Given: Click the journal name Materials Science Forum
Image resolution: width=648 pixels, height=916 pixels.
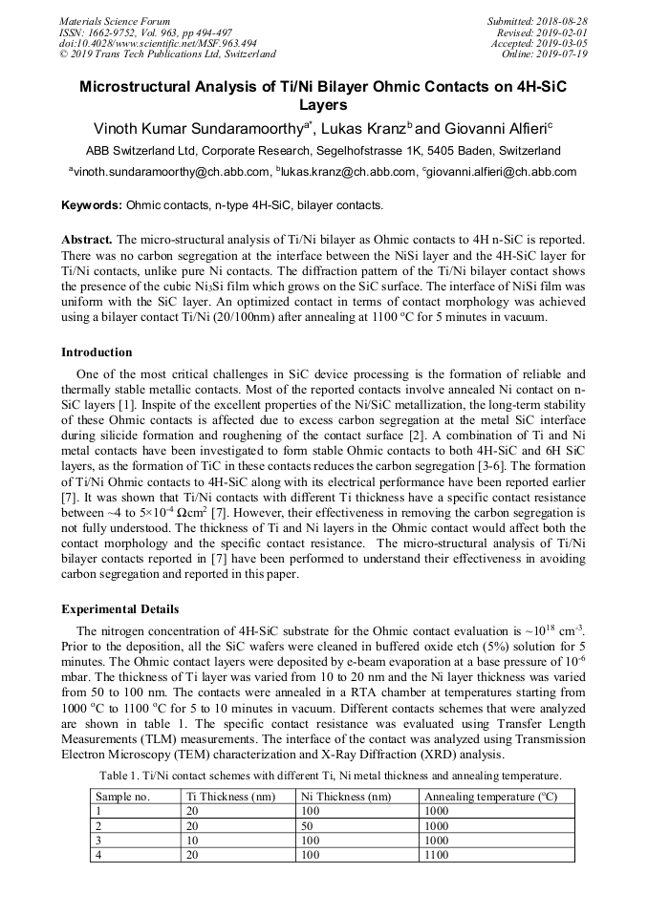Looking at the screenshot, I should [115, 21].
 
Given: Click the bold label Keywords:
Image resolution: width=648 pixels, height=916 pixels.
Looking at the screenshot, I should [92, 205].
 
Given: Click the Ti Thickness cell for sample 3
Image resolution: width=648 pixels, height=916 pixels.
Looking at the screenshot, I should [193, 841].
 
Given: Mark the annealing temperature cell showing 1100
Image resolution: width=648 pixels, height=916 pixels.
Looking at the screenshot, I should [436, 855].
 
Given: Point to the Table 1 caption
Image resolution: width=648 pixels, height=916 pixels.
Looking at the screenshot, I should [331, 776].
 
